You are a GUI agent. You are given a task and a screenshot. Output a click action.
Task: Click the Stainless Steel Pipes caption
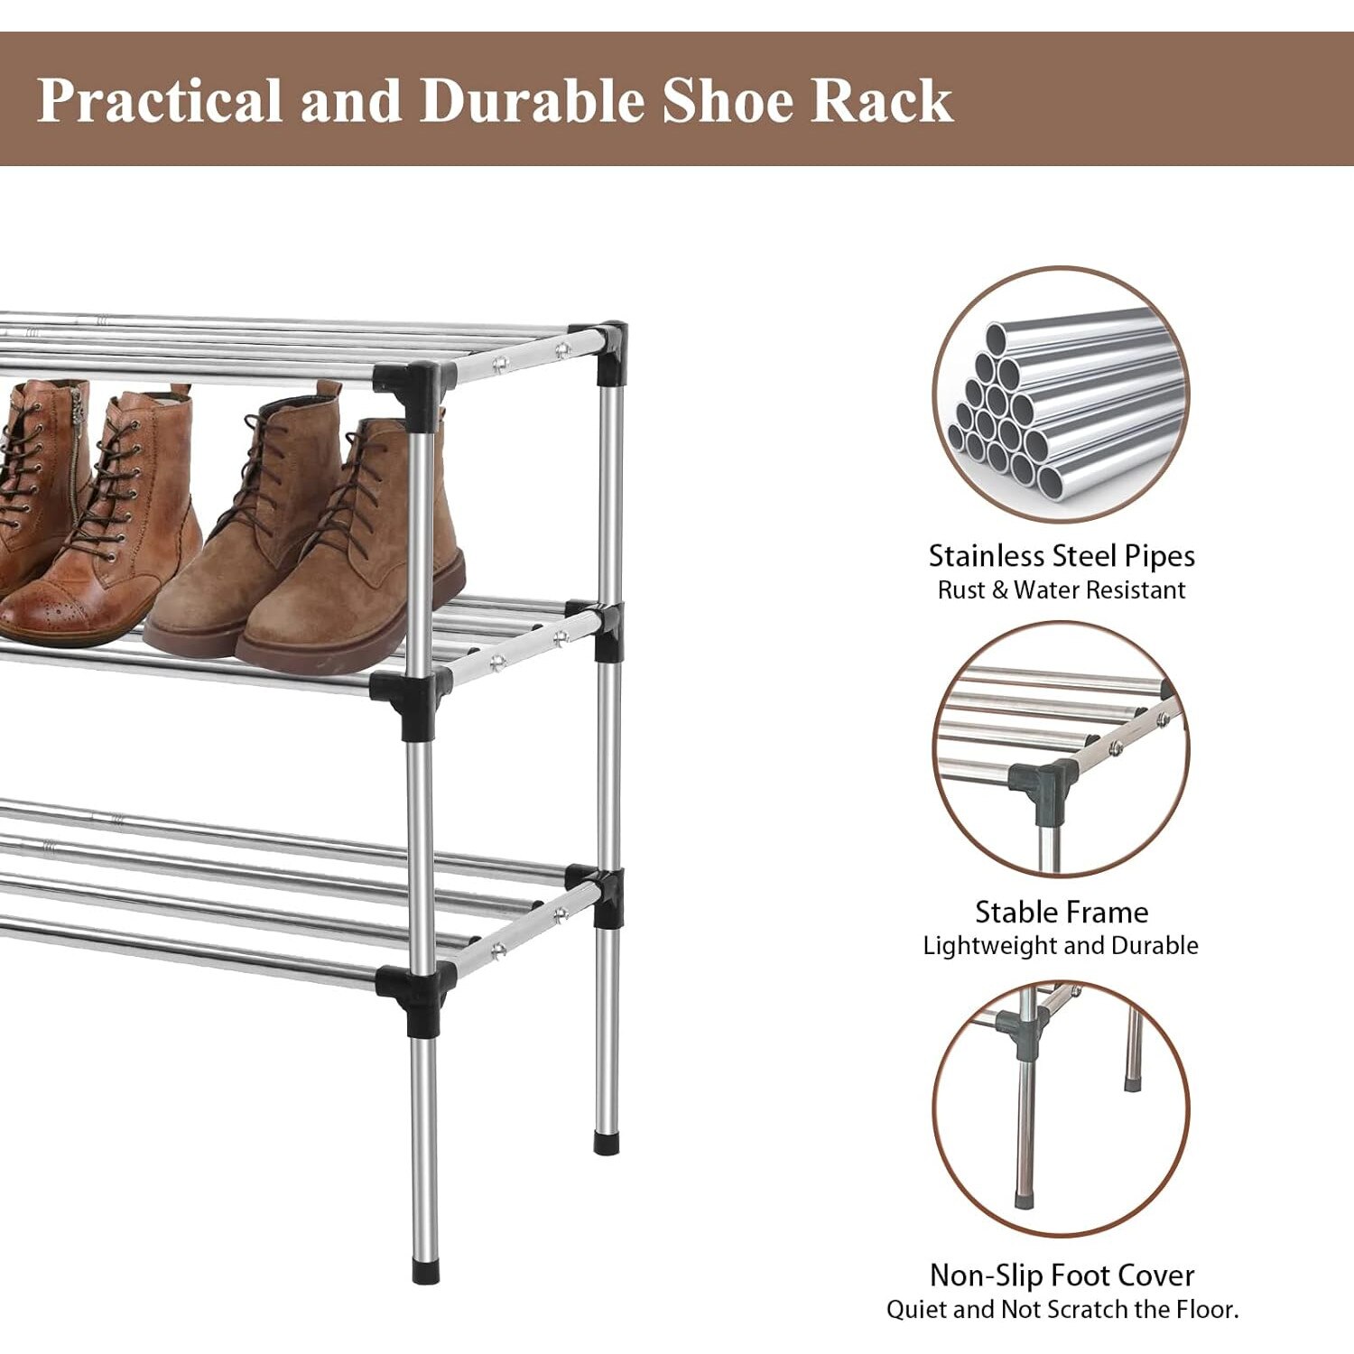(x=1062, y=556)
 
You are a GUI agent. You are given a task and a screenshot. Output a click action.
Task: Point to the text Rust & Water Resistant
(x=1062, y=590)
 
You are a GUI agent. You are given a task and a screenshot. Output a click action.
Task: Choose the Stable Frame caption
(x=1062, y=912)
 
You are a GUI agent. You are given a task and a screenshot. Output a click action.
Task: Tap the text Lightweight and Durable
(x=1062, y=946)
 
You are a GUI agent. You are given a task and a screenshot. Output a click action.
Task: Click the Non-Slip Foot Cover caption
(x=1062, y=1275)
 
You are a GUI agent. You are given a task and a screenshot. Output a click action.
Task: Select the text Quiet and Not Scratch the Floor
(x=1062, y=1310)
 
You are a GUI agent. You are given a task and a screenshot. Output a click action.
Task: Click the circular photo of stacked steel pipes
(x=1062, y=394)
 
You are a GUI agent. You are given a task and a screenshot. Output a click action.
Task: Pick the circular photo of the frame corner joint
(x=1062, y=749)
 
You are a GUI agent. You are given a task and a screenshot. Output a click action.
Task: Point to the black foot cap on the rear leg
(x=607, y=1142)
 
